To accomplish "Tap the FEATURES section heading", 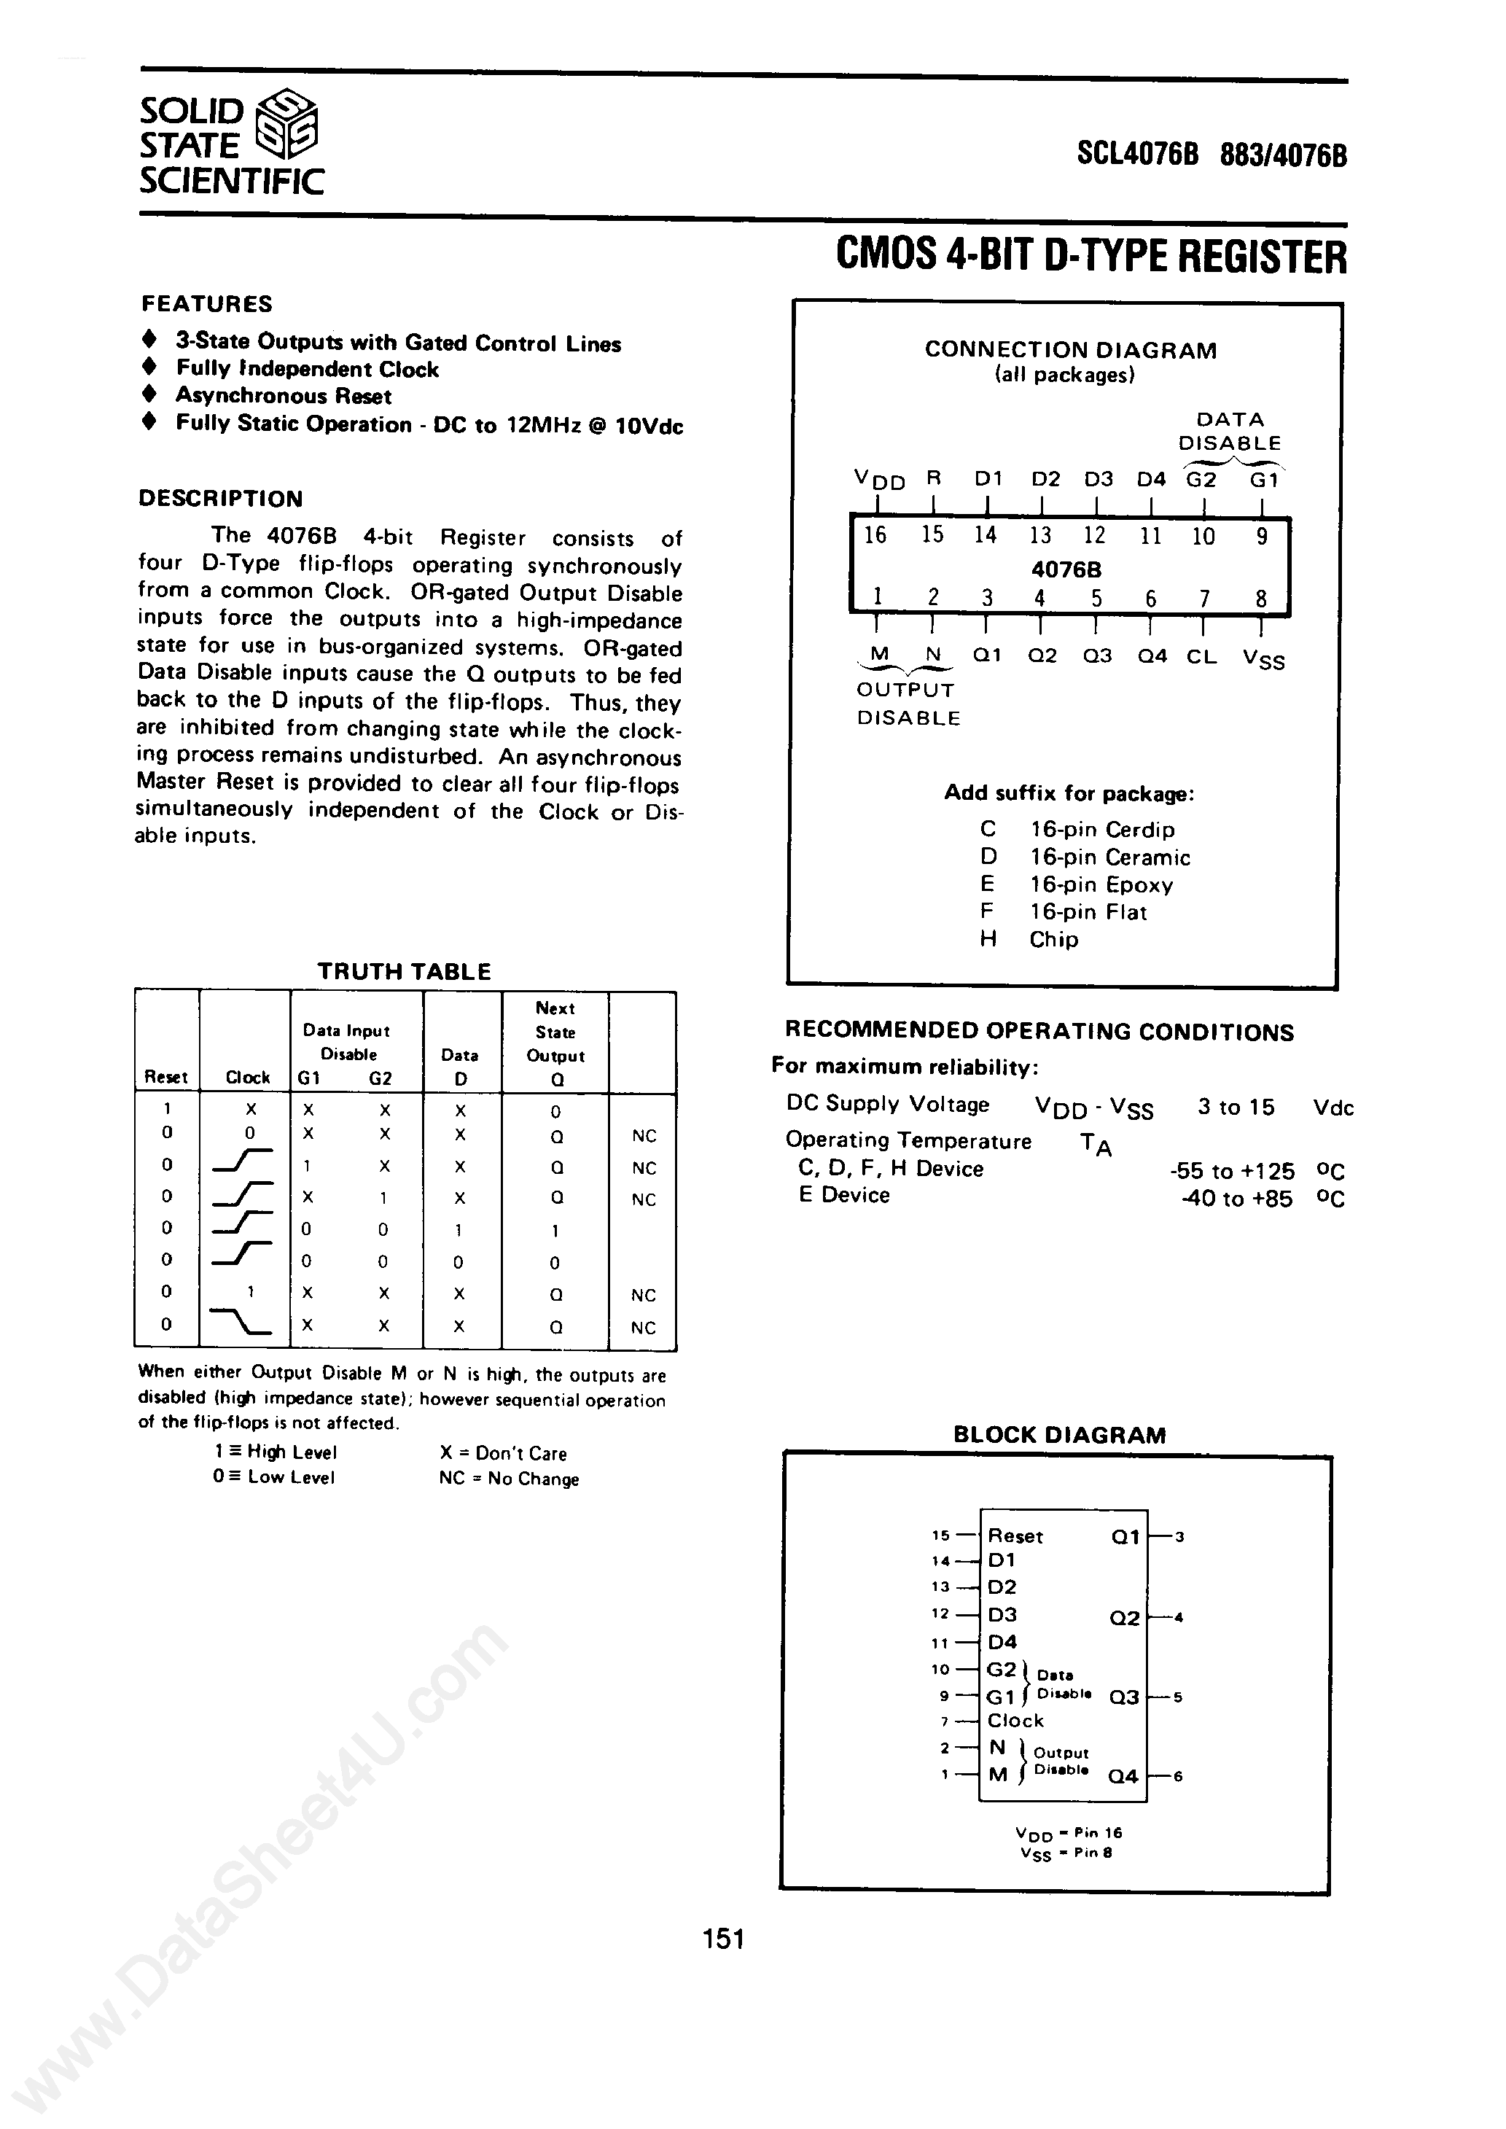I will click(x=207, y=304).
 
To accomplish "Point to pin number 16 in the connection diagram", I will click(x=875, y=535).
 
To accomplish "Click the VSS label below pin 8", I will click(x=1263, y=658).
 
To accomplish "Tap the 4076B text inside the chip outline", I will click(x=1066, y=569).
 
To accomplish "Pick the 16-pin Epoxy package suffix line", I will click(x=1076, y=884).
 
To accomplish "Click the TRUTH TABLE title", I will click(x=405, y=972).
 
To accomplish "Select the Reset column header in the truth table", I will click(x=166, y=1077).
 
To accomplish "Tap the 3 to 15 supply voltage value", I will click(x=1236, y=1108).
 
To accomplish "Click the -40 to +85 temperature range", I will click(x=1236, y=1199).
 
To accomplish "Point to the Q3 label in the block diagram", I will click(x=1123, y=1697).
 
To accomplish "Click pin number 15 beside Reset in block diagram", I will click(x=940, y=1536).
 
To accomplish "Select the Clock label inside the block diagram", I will click(x=1015, y=1720).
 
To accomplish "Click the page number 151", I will click(x=723, y=1939).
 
